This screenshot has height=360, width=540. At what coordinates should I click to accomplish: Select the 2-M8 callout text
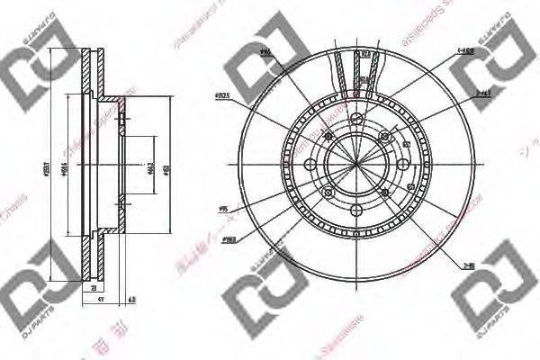(x=469, y=265)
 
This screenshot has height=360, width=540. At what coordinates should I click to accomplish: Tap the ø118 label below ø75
(x=230, y=239)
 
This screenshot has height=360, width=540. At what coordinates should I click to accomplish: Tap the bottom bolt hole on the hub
(x=357, y=210)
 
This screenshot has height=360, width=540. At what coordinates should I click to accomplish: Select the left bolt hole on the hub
(x=311, y=165)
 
